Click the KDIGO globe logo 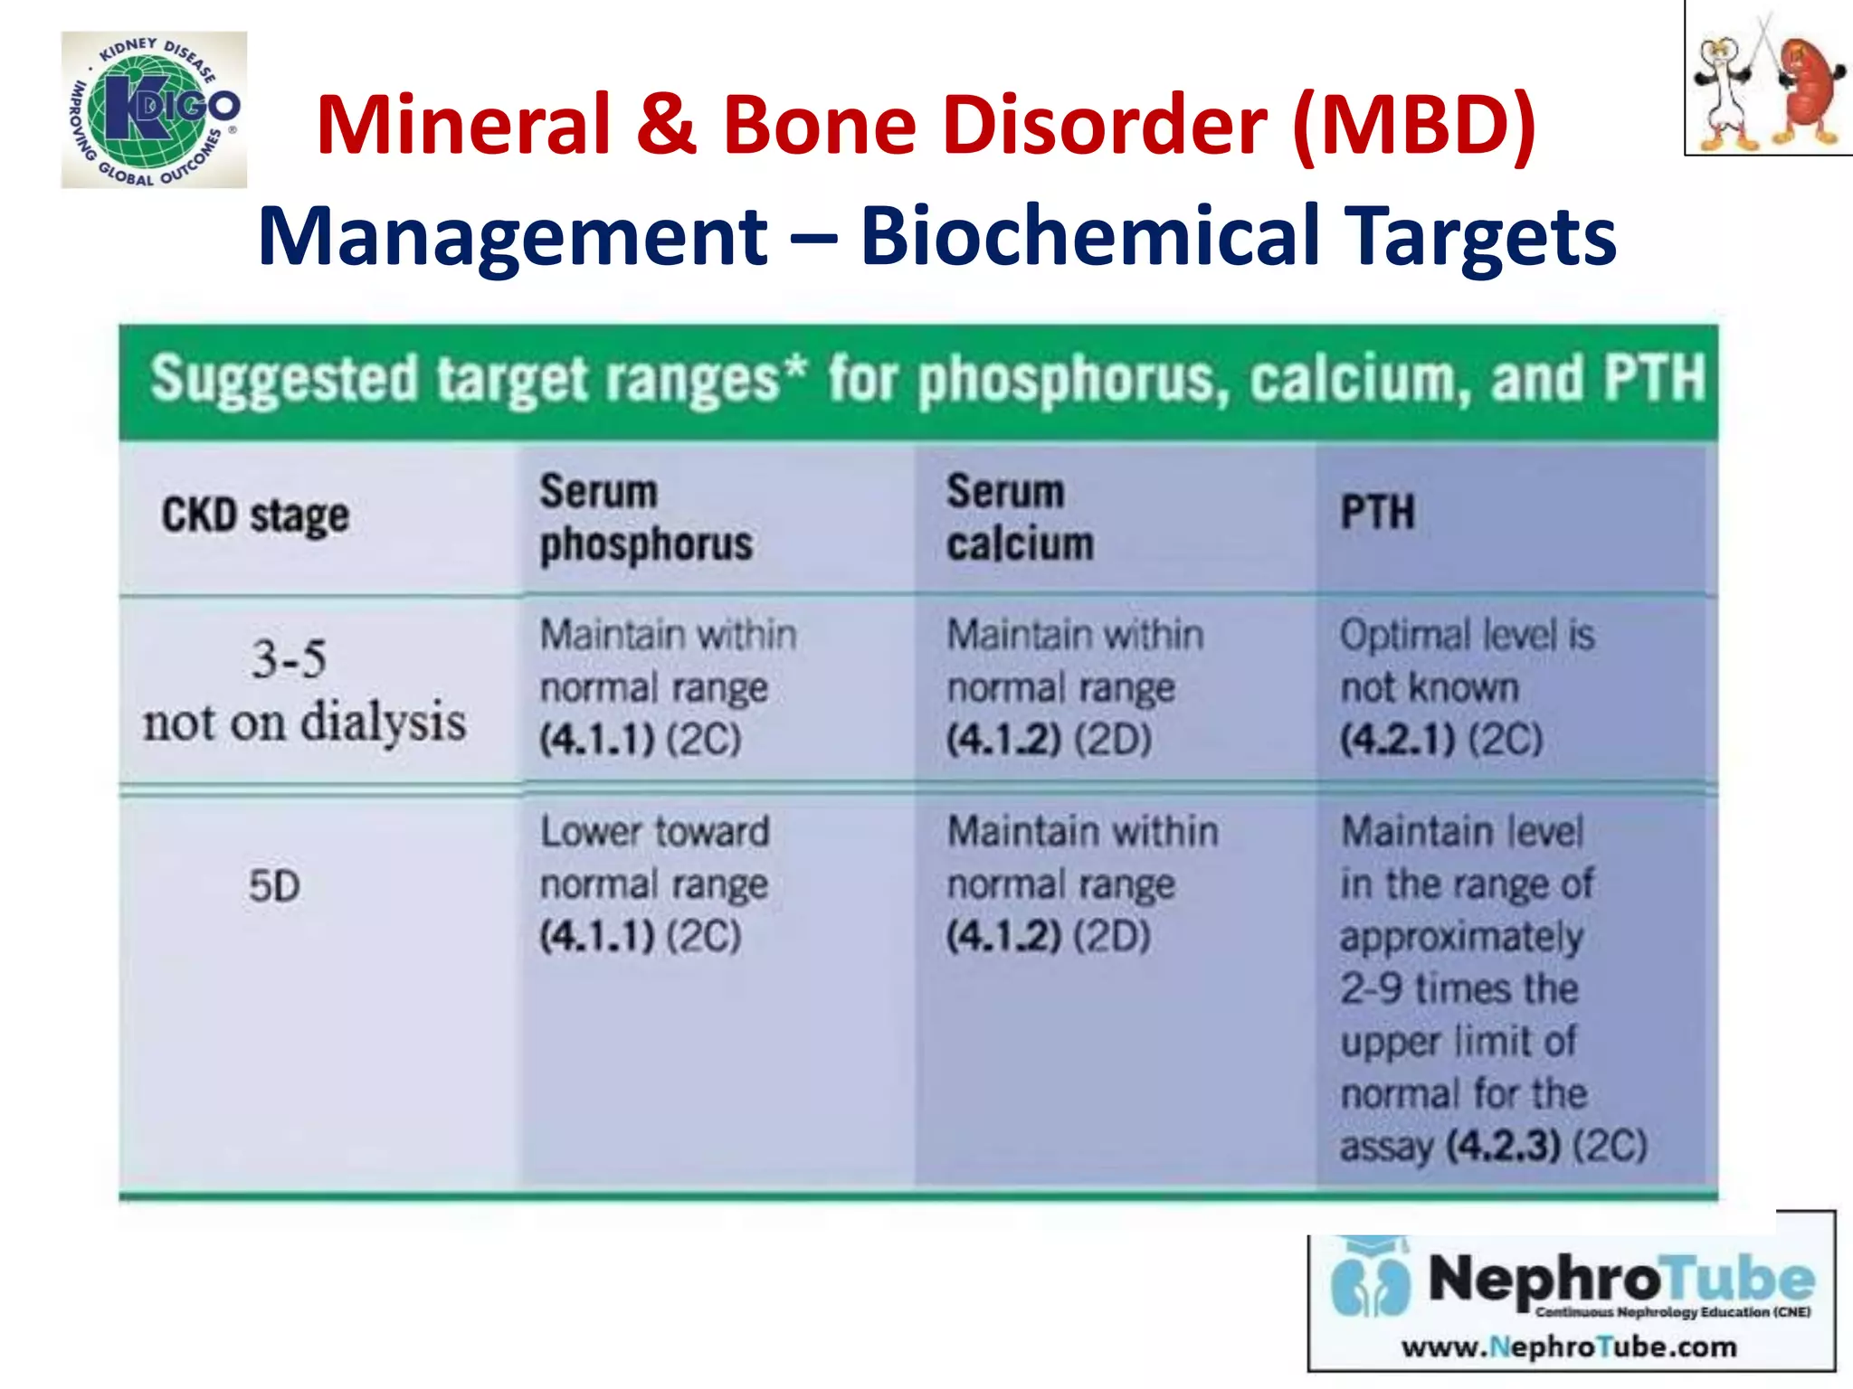tap(154, 109)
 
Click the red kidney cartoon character tap(1808, 90)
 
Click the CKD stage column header tap(255, 516)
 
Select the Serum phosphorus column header tap(645, 518)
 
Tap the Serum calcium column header tap(1020, 518)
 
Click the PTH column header tap(1377, 513)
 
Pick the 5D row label tap(274, 886)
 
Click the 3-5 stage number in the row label tap(289, 659)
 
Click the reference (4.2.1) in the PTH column tap(1398, 740)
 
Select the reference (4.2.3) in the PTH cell tap(1503, 1147)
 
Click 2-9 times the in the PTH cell tap(1459, 988)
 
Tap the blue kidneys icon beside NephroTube tap(1371, 1284)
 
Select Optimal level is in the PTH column tap(1467, 635)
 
